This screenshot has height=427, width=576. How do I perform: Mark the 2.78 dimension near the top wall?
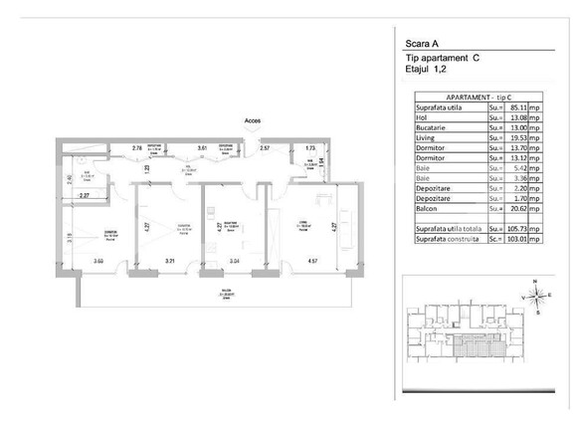(x=138, y=148)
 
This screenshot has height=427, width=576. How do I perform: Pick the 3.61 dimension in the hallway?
(x=202, y=148)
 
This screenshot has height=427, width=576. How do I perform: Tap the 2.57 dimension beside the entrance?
(x=265, y=148)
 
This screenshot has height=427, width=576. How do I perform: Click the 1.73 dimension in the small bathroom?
(x=311, y=148)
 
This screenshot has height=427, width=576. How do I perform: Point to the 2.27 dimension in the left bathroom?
(x=85, y=196)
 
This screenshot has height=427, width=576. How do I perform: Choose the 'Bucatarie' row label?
(x=436, y=125)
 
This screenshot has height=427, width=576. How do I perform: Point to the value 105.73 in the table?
(x=516, y=228)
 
